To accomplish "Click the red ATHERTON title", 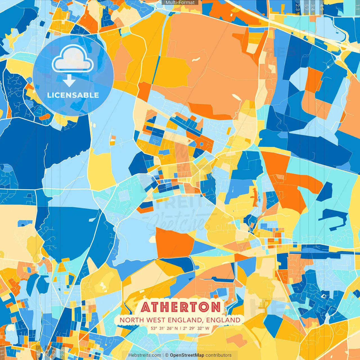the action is pyautogui.click(x=181, y=307).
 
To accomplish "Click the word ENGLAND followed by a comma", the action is pyautogui.click(x=186, y=320).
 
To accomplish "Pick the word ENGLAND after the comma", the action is pyautogui.click(x=223, y=320).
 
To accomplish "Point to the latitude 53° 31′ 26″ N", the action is pyautogui.click(x=164, y=328).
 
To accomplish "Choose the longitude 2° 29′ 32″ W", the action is pyautogui.click(x=196, y=328).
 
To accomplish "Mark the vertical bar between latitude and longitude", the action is pyautogui.click(x=180, y=328).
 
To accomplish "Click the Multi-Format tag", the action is pyautogui.click(x=180, y=3).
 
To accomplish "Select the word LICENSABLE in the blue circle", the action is pyautogui.click(x=73, y=95).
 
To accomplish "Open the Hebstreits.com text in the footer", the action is pyautogui.click(x=145, y=355).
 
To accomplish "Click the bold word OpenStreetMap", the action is pyautogui.click(x=187, y=355).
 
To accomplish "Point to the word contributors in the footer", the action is pyautogui.click(x=219, y=355).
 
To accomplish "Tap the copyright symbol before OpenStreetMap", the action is pyautogui.click(x=167, y=355).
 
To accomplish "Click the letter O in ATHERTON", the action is pyautogui.click(x=204, y=307).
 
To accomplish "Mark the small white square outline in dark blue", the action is pyautogui.click(x=323, y=296).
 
